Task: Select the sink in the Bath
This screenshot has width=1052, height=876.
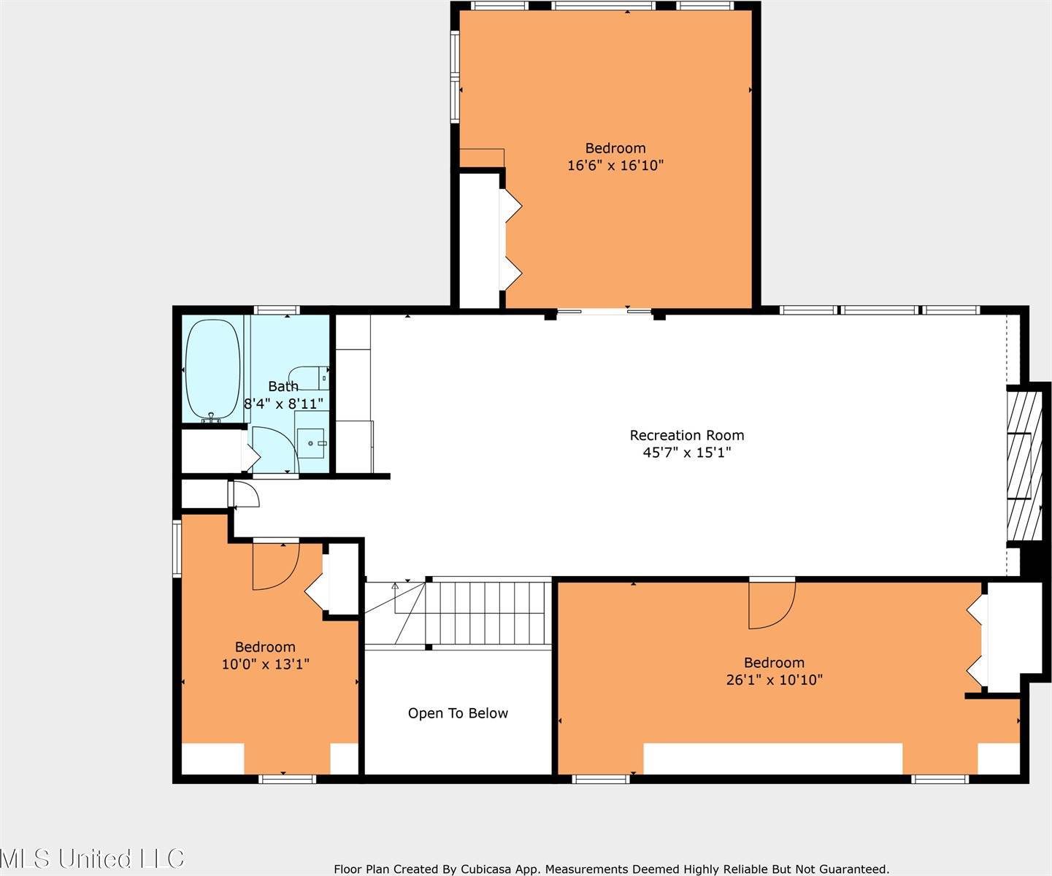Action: (x=312, y=442)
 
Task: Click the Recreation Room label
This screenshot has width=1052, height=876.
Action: (x=686, y=435)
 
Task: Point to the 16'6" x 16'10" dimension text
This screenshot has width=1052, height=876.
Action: (x=615, y=165)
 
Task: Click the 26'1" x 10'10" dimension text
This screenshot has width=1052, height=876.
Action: (x=773, y=680)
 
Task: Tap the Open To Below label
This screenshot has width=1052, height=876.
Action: (x=458, y=713)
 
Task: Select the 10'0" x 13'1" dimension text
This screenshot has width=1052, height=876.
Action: (x=265, y=664)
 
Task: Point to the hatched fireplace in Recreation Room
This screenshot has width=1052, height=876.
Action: (x=1024, y=466)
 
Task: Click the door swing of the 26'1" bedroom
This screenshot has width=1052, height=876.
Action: (x=772, y=603)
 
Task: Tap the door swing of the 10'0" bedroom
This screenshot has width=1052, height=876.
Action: (x=275, y=566)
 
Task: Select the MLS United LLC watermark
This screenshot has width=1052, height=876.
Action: (x=93, y=858)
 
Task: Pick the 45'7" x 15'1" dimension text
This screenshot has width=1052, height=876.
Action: (x=686, y=453)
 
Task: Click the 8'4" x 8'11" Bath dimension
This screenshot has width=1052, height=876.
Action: (x=283, y=403)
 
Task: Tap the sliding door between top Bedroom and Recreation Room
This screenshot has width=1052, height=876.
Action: (x=604, y=312)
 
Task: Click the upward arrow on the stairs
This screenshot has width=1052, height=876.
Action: (x=395, y=585)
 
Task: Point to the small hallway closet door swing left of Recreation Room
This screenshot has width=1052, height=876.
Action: (x=246, y=494)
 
